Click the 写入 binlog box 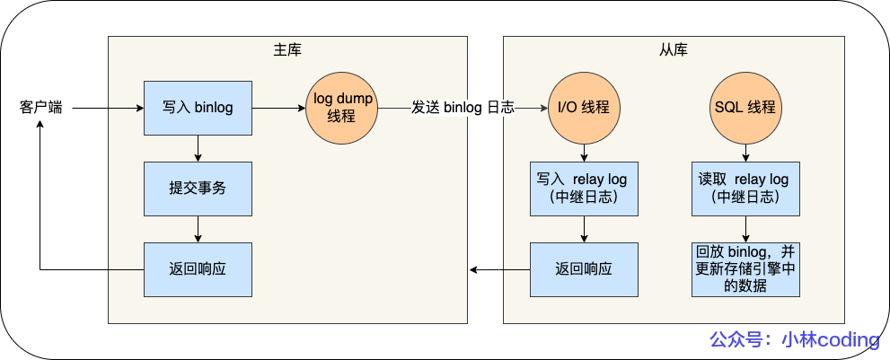tap(198, 108)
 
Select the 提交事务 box tap(198, 189)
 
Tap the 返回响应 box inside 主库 tap(198, 269)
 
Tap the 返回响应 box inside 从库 tap(584, 269)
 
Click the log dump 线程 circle tap(342, 108)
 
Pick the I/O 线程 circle tap(584, 108)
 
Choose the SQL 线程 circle tap(745, 108)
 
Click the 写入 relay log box tap(584, 189)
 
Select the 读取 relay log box tap(745, 189)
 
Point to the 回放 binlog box tap(745, 269)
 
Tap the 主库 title tap(287, 48)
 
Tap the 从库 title tap(674, 48)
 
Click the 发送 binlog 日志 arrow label tap(463, 108)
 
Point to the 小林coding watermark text tap(794, 339)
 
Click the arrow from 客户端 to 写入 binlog tap(108, 108)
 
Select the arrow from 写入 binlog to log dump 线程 tap(278, 108)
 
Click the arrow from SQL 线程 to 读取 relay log tap(745, 153)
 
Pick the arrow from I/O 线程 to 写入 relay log tap(584, 153)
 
